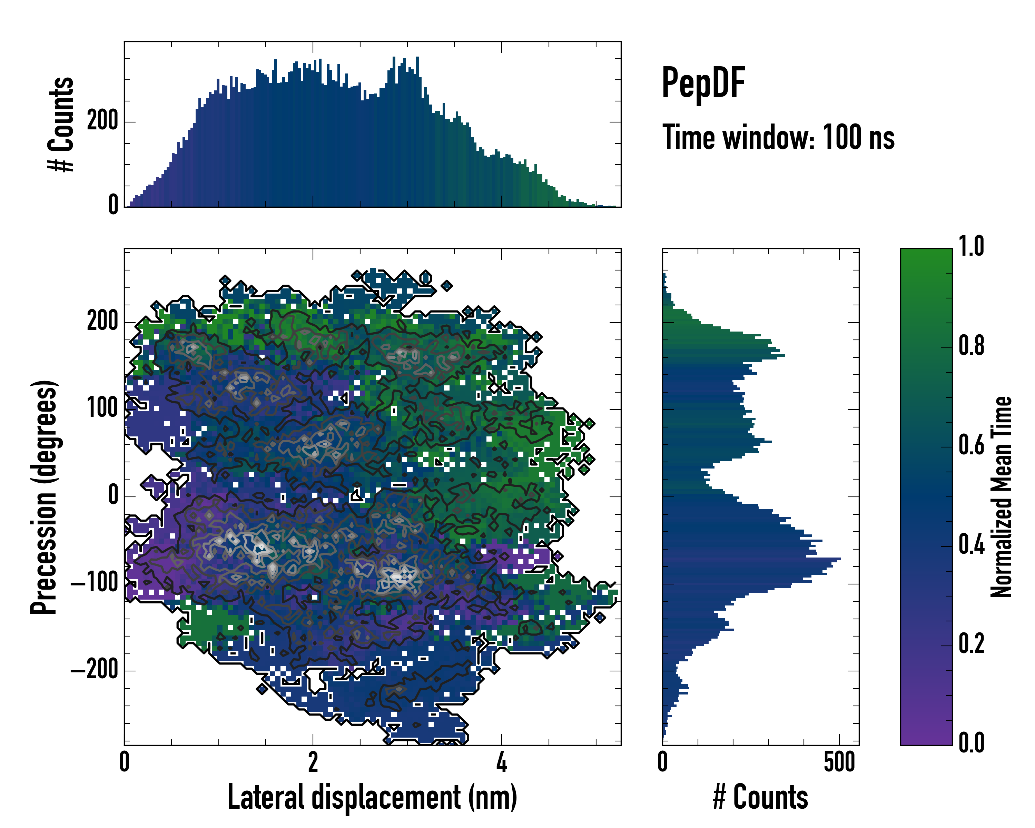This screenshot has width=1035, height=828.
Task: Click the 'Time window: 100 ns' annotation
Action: coord(778,138)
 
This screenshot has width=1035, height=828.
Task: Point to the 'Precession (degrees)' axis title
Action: coord(44,497)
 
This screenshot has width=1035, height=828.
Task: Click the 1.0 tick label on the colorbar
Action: coord(971,247)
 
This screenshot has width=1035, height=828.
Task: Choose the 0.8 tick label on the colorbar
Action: coord(971,346)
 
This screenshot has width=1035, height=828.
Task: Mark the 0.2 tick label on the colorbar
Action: coord(971,644)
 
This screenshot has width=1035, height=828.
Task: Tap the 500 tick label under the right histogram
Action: coord(839,763)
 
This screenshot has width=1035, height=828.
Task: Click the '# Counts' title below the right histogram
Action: coord(760,797)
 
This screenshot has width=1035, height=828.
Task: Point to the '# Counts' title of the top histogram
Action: coord(61,124)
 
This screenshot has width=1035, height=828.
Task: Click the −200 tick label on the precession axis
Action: coord(94,670)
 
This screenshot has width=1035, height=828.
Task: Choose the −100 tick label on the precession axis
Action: coord(94,583)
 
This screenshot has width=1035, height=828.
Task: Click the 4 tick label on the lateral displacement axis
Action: coord(502,763)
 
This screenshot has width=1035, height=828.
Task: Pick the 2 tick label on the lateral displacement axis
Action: coord(313,763)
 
